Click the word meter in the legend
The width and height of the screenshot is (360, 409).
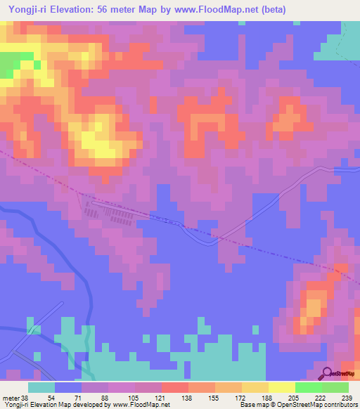point(11,398)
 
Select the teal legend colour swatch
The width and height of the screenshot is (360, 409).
point(41,387)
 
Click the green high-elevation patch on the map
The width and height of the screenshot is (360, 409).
point(8,66)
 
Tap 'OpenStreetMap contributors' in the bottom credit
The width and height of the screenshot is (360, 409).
point(320,405)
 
